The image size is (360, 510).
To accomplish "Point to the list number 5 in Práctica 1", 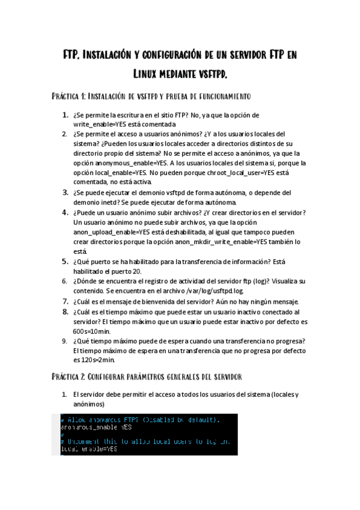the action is [65, 262].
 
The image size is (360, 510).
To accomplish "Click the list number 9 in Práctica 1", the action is [65, 340].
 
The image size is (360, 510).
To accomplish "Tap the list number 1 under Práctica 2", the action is [65, 395].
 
